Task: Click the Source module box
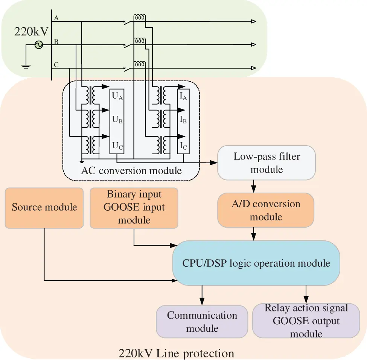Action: [x=44, y=208]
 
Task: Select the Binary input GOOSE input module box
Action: [x=134, y=208]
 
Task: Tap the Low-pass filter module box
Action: [x=266, y=163]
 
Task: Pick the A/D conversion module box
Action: [x=266, y=210]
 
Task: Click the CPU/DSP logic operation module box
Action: [x=256, y=263]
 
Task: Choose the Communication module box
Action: [x=202, y=322]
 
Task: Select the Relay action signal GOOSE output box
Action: [x=306, y=321]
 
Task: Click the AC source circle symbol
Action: [x=39, y=45]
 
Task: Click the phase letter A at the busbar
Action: [x=56, y=18]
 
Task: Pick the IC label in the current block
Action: [x=183, y=146]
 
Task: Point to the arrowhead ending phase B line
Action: [x=253, y=45]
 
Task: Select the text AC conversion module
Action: [x=131, y=170]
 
